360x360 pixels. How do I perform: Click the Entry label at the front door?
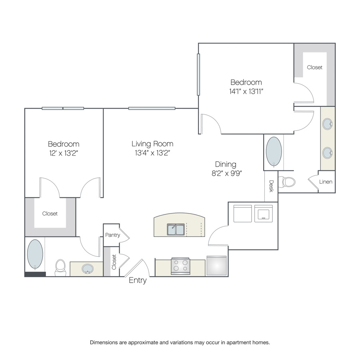pos(138,280)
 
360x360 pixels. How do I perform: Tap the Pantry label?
pos(112,235)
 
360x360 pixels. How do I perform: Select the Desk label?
pos(271,186)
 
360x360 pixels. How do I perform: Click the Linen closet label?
pos(326,182)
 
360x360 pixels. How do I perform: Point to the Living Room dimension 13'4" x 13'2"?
pos(152,153)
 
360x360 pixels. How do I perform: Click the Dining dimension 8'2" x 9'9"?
pos(227,173)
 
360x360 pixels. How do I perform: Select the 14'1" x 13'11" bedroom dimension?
pos(246,91)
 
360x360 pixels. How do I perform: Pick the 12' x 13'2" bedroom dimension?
pos(64,153)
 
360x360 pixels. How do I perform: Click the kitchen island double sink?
pos(176,229)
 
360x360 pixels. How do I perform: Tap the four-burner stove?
pos(180,266)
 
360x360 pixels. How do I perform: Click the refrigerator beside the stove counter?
pos(216,266)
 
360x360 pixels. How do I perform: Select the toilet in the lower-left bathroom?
pos(61,268)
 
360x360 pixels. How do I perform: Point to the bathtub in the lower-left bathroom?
pos(35,254)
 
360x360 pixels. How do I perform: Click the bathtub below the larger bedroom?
pos(274,152)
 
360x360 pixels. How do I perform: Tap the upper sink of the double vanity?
pos(327,124)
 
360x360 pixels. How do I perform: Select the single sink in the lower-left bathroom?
pos(88,269)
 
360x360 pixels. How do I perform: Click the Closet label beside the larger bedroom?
pos(314,67)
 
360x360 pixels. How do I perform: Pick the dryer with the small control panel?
pos(263,214)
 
